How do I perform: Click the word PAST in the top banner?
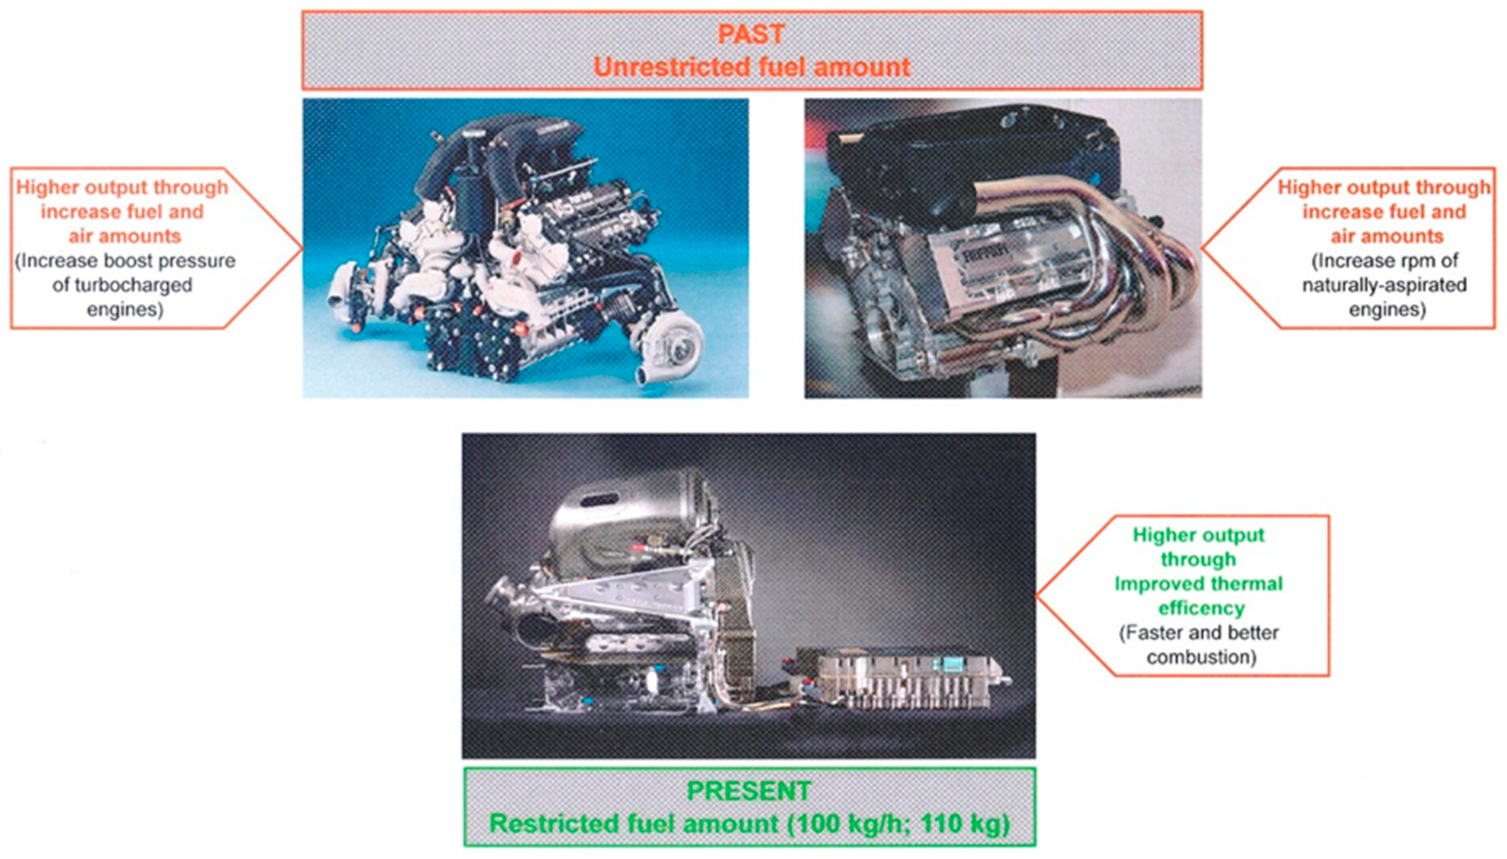coord(751,35)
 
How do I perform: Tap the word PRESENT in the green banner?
coord(749,791)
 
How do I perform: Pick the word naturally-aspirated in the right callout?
coord(1384,285)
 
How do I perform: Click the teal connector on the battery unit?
coord(952,664)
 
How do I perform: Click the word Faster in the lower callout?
coord(1150,633)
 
